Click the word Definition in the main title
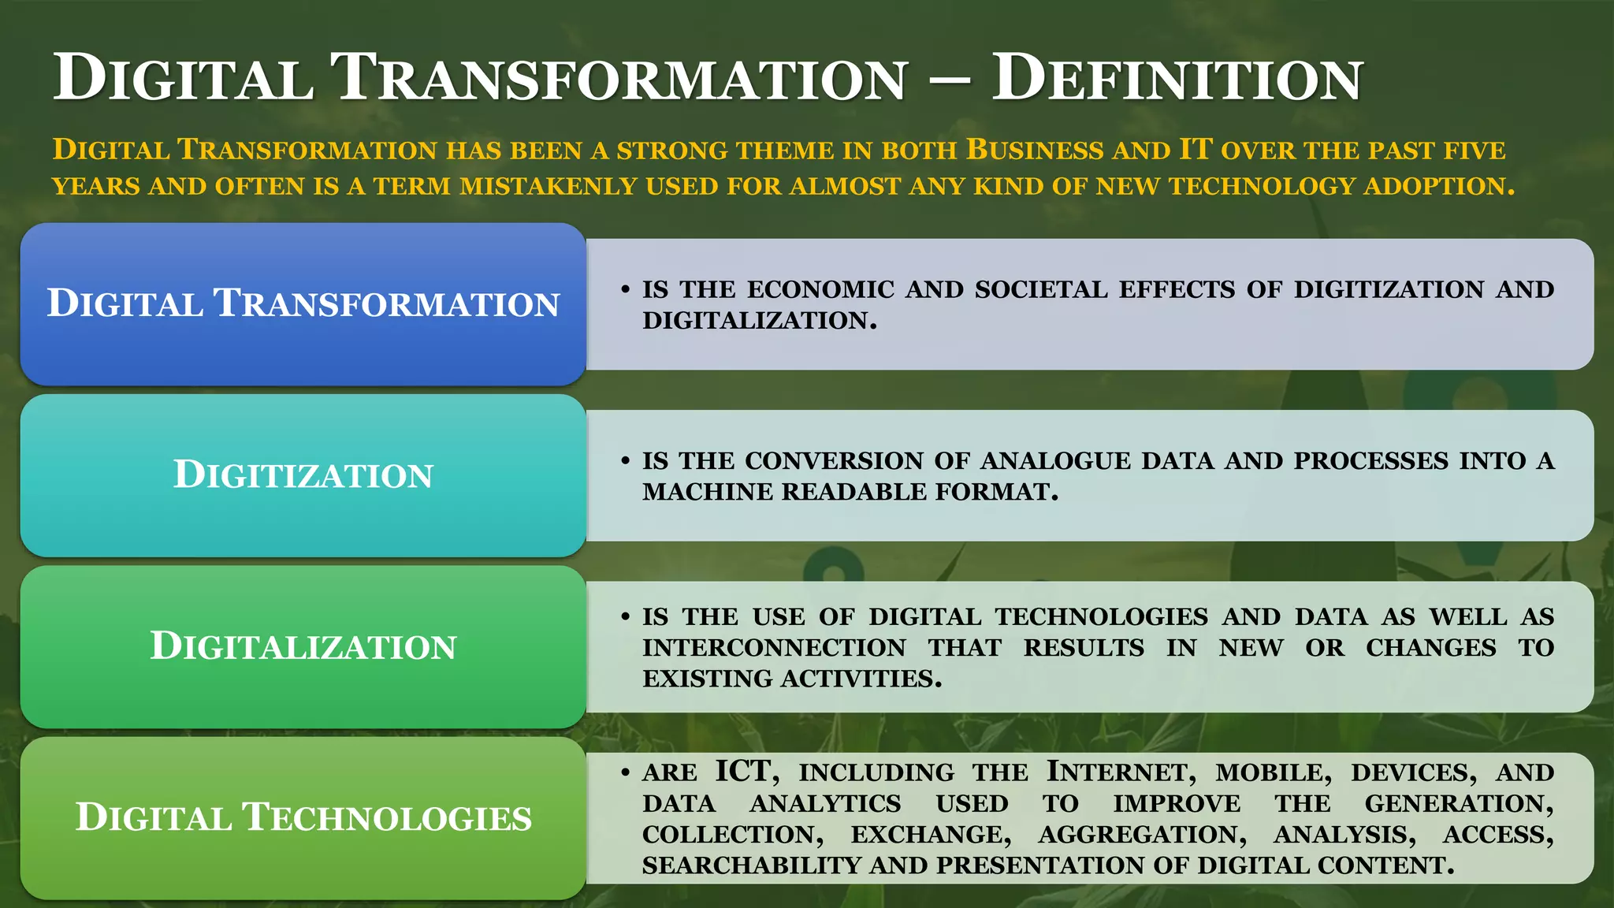point(1177,79)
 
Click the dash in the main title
point(949,80)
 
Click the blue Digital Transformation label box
point(303,303)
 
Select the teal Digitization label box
point(303,474)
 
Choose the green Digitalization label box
point(303,646)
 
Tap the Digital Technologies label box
point(303,817)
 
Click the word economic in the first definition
point(820,290)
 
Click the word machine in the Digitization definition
point(707,492)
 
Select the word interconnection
point(774,648)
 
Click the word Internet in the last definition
point(1121,772)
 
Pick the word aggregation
point(1142,835)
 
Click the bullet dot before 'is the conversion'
point(625,460)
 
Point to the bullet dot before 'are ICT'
point(625,772)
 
